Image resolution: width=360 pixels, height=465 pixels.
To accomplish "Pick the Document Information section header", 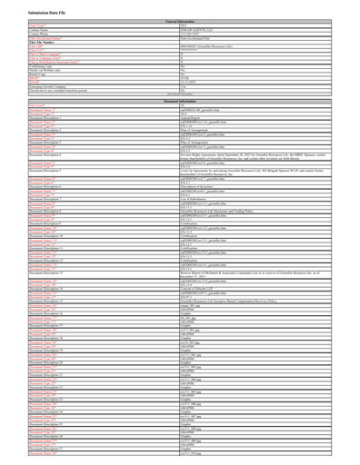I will (x=180, y=100).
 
